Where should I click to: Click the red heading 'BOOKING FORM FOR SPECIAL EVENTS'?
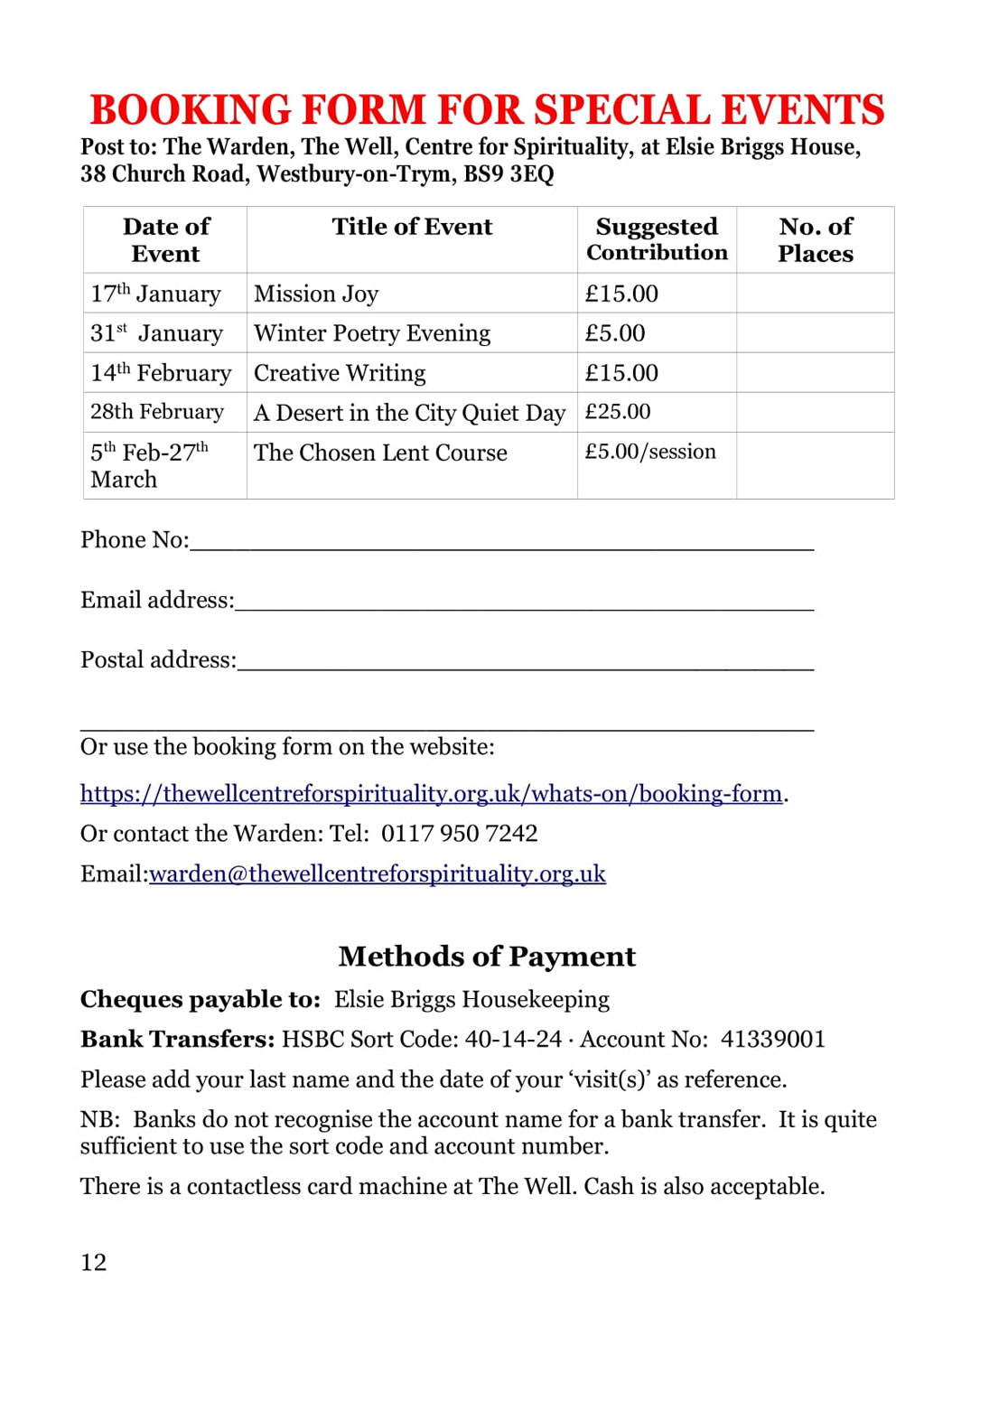487,110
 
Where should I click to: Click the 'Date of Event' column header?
166,239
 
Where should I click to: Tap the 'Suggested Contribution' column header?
657,239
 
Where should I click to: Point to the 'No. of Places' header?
815,239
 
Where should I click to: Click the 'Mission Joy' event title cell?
316,294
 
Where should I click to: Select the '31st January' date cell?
156,333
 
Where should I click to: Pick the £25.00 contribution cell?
618,412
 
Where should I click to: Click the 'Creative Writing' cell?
340,373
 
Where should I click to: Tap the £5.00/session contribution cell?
650,452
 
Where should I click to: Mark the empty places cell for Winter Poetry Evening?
815,333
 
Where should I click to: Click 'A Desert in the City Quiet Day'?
409,413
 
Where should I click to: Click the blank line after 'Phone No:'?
501,541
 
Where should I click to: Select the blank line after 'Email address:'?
524,602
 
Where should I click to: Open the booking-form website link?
431,793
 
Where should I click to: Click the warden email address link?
378,873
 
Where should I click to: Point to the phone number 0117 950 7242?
459,833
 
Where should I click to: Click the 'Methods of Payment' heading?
487,956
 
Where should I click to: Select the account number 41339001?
773,1039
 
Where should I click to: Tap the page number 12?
93,1262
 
